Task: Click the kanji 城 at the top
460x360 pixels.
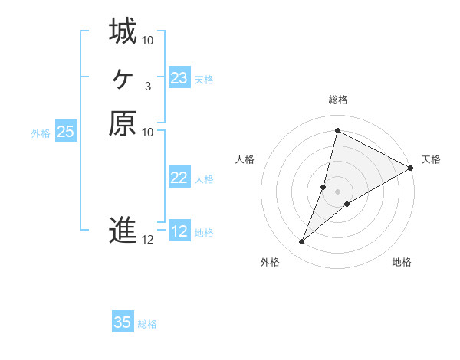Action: [123, 32]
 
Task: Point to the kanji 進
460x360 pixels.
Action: [123, 231]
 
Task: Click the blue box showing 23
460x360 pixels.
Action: [179, 78]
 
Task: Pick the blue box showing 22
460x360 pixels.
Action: [179, 178]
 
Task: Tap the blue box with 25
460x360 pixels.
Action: [66, 132]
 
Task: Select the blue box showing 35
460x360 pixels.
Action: [123, 322]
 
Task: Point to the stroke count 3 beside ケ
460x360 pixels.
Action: [147, 86]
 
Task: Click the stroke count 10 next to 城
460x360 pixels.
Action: [148, 40]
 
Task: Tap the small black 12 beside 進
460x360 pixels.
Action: [148, 240]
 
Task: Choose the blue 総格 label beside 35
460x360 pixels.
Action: [147, 324]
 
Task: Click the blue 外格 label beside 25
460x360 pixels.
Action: [41, 133]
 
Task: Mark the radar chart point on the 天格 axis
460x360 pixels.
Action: [410, 168]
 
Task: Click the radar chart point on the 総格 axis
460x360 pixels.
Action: [337, 130]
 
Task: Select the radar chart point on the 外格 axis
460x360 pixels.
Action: [301, 242]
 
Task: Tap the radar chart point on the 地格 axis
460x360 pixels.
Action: [347, 204]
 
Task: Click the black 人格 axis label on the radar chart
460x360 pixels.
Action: [245, 159]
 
